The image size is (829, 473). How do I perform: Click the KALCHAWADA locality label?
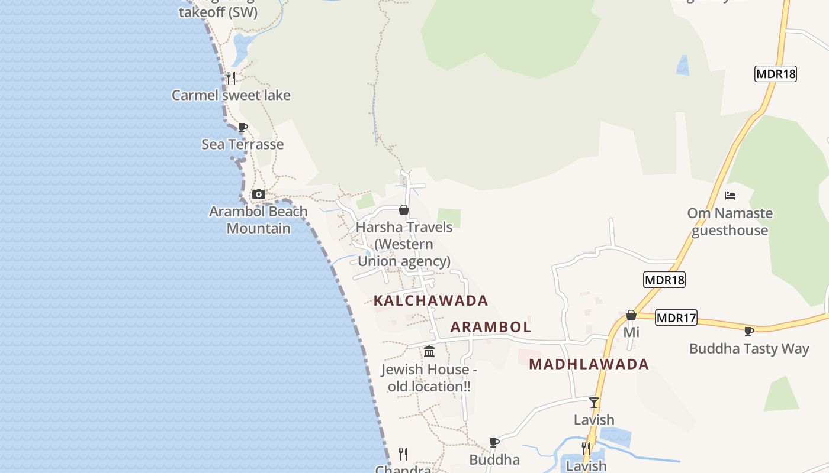(x=430, y=301)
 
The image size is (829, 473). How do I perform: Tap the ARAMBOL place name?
(x=491, y=327)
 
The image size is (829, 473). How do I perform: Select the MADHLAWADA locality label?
(x=589, y=364)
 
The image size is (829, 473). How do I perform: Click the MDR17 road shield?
(x=676, y=318)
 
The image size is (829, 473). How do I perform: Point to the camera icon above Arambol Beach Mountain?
(x=258, y=194)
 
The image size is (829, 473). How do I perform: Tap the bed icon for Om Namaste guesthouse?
(x=730, y=196)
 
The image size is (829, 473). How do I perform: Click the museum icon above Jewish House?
(x=429, y=352)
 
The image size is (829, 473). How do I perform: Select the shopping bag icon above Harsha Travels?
(x=404, y=210)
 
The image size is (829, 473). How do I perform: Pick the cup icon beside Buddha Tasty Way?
(x=749, y=331)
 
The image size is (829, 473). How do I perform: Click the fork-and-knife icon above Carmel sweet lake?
(x=231, y=77)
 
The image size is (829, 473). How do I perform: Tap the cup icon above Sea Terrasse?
(x=242, y=127)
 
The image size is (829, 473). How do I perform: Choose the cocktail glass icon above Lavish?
(x=594, y=403)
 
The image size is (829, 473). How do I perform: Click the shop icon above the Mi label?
(x=631, y=315)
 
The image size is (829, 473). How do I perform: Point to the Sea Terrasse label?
(x=242, y=144)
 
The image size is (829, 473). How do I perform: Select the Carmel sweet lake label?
(x=231, y=95)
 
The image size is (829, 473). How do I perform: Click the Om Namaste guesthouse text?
(x=730, y=222)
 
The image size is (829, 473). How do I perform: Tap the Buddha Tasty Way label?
(x=749, y=349)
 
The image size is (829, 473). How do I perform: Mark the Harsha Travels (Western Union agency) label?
(x=404, y=244)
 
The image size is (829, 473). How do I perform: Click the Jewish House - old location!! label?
(x=429, y=378)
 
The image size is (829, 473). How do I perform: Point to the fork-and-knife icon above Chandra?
(x=403, y=453)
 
